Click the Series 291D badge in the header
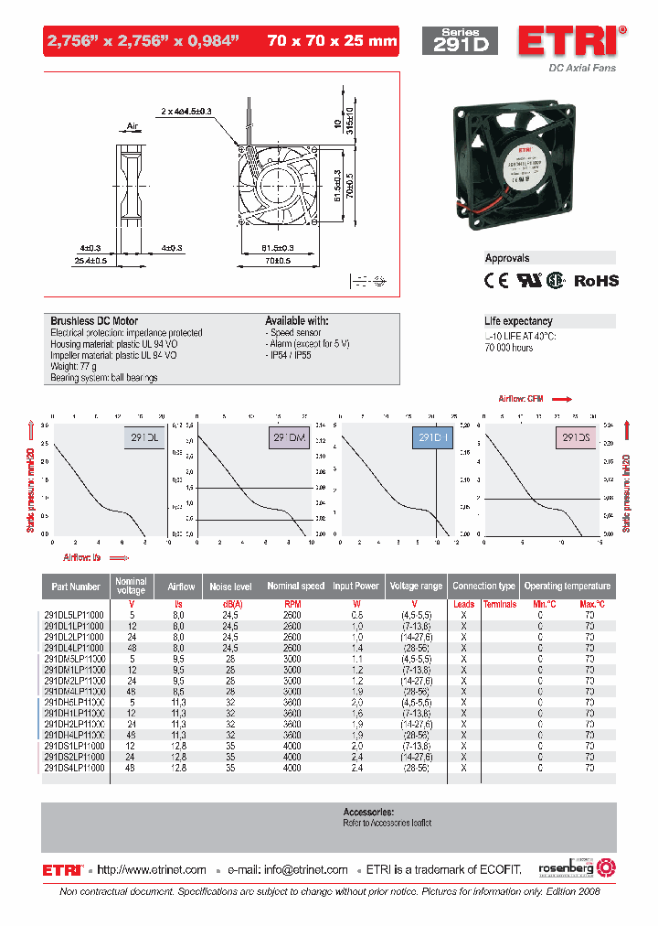[x=460, y=41]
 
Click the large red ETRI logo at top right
[x=571, y=41]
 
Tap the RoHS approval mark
[x=596, y=281]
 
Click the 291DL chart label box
[x=143, y=438]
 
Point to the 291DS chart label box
[x=575, y=438]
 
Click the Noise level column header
[x=230, y=586]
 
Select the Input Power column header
[x=356, y=586]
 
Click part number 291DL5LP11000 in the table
[x=75, y=615]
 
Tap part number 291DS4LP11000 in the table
[x=75, y=769]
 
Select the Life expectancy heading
[x=518, y=321]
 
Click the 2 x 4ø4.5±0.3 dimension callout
[x=186, y=111]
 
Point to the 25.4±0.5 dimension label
[x=90, y=260]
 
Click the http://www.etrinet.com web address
[x=152, y=869]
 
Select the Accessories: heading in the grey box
[x=368, y=812]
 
